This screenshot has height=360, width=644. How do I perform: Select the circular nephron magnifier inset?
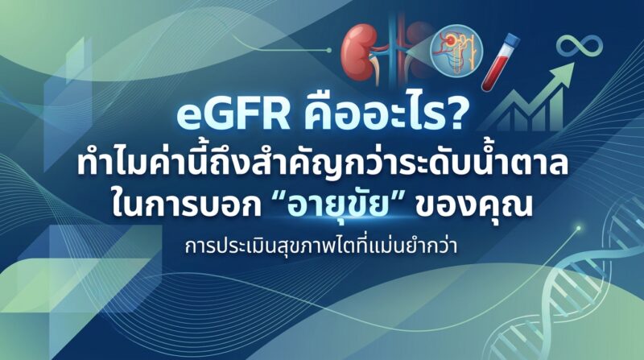pyautogui.click(x=456, y=50)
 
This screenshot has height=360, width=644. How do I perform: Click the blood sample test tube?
pyautogui.click(x=500, y=62)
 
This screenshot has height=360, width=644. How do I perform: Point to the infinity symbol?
pyautogui.click(x=579, y=45)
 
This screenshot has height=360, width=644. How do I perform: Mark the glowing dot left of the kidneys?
pyautogui.click(x=328, y=50)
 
